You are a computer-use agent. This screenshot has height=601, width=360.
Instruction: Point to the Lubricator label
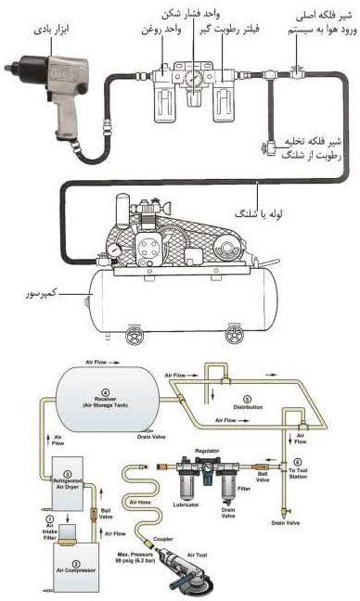click(x=186, y=505)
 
